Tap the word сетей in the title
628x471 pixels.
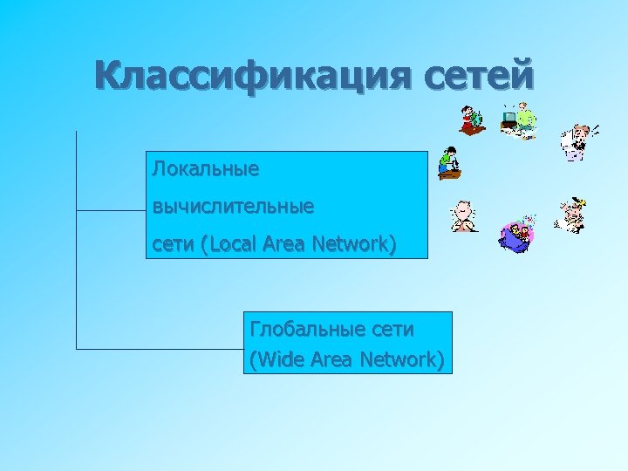479,76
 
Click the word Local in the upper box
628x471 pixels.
229,245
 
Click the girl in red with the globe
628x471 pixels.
472,120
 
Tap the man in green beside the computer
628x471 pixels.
521,119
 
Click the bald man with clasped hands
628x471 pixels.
464,216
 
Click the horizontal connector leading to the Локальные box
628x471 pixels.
111,210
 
